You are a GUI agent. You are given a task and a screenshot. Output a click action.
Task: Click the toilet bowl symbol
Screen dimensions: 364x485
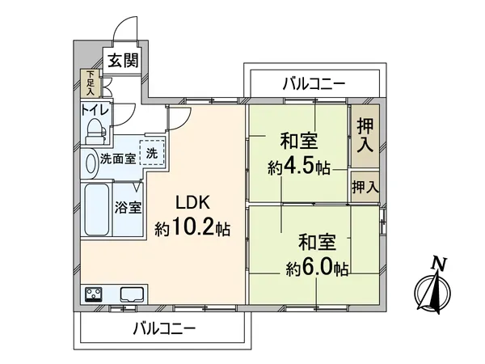pyautogui.click(x=95, y=129)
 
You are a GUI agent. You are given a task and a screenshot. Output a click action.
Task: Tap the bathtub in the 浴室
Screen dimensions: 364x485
pyautogui.click(x=95, y=210)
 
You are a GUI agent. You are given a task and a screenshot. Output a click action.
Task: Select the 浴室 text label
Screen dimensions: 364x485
pyautogui.click(x=129, y=206)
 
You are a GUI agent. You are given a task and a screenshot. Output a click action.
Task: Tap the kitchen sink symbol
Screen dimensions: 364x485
pyautogui.click(x=131, y=294)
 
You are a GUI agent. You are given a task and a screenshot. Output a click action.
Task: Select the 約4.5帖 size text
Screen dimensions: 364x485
pyautogui.click(x=298, y=167)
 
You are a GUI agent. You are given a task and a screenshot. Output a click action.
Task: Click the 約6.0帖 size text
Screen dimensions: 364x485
pyautogui.click(x=316, y=266)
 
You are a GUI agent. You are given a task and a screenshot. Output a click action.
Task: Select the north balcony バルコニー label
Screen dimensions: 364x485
pyautogui.click(x=314, y=83)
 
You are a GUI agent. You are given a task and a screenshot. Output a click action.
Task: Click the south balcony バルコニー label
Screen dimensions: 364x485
pyautogui.click(x=164, y=329)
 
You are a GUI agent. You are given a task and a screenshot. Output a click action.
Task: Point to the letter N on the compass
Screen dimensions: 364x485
pyautogui.click(x=438, y=262)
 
